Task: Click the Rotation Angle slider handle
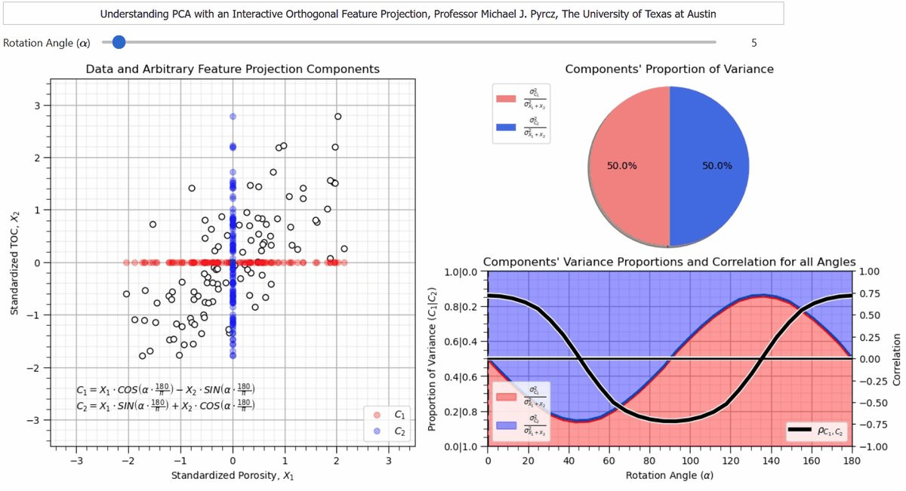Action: [118, 42]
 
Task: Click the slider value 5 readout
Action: [753, 43]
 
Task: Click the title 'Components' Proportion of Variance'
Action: [669, 69]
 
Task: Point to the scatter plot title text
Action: [233, 69]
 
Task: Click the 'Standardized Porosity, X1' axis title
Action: [233, 476]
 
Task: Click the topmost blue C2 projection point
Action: [233, 116]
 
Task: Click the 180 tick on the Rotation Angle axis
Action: [851, 461]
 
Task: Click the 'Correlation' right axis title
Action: [897, 359]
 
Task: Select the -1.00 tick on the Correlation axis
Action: [872, 447]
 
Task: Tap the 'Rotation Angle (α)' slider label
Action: [46, 43]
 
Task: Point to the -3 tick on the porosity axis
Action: [75, 461]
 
